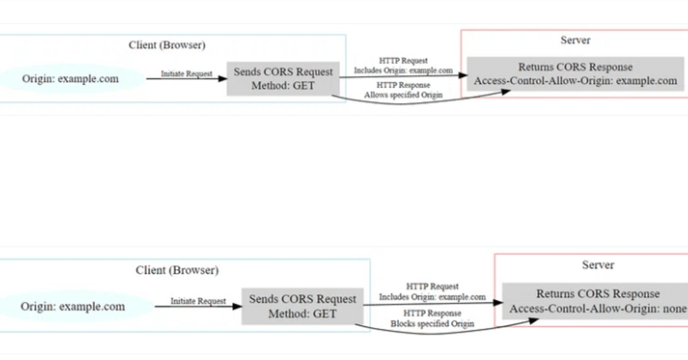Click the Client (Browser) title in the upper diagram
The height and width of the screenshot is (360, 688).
[167, 45]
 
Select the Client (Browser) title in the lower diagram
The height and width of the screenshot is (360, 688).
[177, 270]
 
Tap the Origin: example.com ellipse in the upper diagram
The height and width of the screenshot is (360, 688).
[70, 79]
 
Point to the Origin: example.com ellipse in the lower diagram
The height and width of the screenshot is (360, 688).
[73, 307]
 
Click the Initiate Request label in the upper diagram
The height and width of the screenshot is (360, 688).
[187, 74]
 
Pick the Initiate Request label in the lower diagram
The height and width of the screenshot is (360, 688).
[198, 301]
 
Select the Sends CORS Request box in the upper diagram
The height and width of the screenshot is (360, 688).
[283, 78]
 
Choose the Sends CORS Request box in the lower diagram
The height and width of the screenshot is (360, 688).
[302, 306]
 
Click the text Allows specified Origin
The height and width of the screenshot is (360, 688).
[403, 95]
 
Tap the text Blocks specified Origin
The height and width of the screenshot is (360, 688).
[432, 323]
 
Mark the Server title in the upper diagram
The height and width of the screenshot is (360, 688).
[575, 40]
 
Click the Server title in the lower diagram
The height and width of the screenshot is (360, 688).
[598, 265]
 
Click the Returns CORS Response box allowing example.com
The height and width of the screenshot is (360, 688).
[575, 74]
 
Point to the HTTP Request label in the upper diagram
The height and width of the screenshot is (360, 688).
[403, 61]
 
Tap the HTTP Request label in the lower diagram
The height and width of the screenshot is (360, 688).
[432, 286]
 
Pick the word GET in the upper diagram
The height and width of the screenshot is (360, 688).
[304, 85]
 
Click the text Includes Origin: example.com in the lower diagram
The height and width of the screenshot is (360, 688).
[432, 297]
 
